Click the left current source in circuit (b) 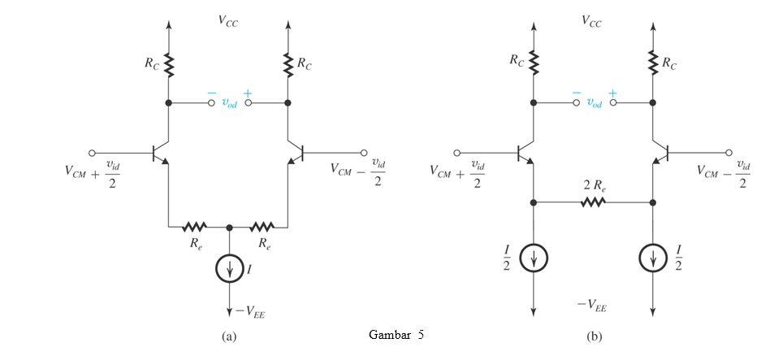point(534,258)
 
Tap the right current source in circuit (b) point(653,258)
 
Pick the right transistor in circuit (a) point(296,152)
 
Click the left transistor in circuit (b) point(526,152)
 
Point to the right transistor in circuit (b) point(660,152)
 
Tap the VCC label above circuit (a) point(227,22)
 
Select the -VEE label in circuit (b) point(593,306)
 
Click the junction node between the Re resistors point(229,227)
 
